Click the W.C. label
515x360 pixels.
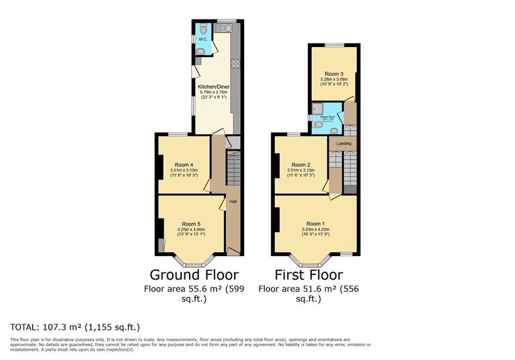click(x=202, y=39)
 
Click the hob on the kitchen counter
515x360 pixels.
click(x=235, y=64)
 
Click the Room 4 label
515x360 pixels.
click(x=183, y=165)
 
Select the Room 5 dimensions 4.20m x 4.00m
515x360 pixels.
click(x=191, y=231)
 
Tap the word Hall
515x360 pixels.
click(x=233, y=201)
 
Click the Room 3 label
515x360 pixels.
click(x=333, y=74)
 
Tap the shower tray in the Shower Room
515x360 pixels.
click(x=318, y=109)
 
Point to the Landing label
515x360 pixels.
click(x=343, y=143)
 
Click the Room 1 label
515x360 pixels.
click(x=315, y=223)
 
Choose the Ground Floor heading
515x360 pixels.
click(x=194, y=275)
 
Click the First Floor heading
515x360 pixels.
click(x=309, y=275)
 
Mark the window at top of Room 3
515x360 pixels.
click(x=333, y=44)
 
